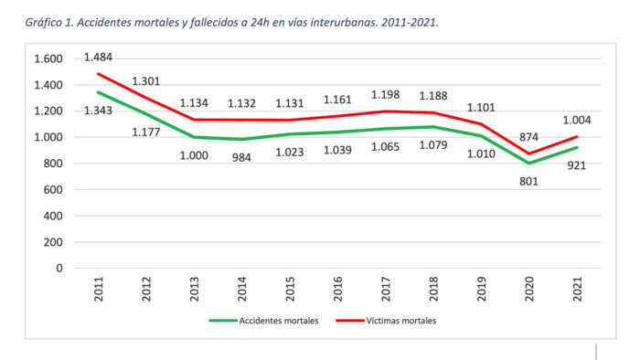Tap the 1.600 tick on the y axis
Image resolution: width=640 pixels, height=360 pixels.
(47, 58)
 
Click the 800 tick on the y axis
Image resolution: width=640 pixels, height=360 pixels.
(53, 164)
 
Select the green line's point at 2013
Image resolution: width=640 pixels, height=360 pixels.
(192, 137)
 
